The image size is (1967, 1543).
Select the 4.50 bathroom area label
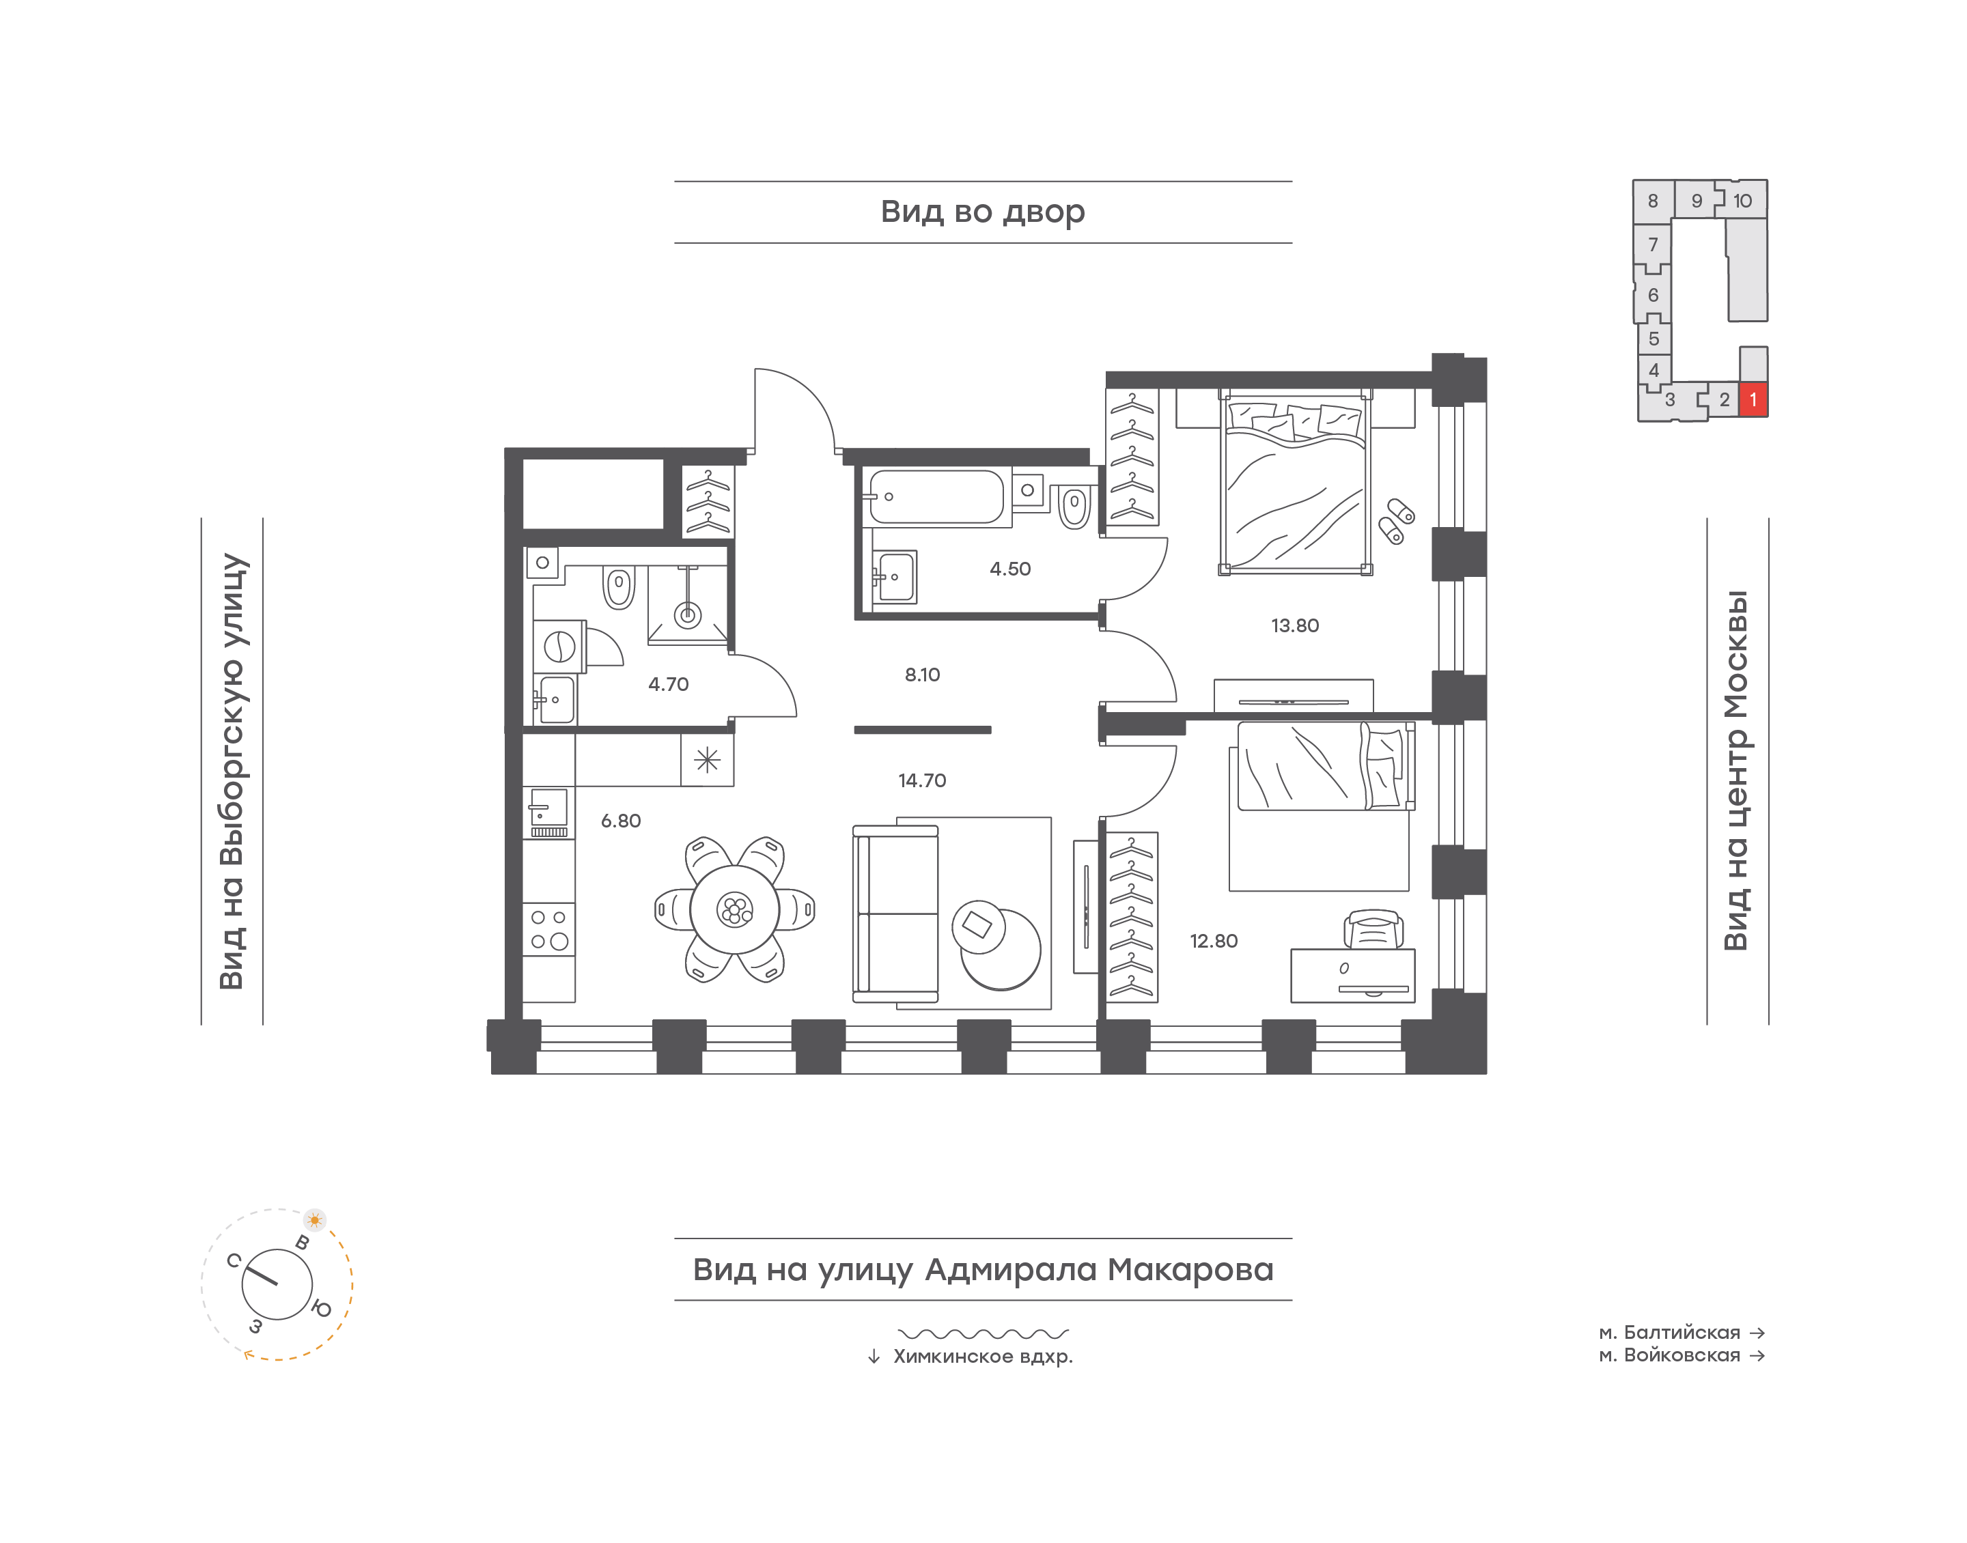point(1009,568)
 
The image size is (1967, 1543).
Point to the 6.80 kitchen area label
point(621,820)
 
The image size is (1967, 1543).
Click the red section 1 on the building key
point(1753,399)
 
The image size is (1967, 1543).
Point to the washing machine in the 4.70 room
point(559,647)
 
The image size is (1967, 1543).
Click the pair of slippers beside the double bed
point(1396,521)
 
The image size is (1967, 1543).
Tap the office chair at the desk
point(1373,929)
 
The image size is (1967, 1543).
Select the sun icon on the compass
point(314,1219)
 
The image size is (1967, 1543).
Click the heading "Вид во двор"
point(982,212)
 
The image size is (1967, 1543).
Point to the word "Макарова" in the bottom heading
point(1190,1269)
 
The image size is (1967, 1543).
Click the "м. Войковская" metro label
point(1669,1355)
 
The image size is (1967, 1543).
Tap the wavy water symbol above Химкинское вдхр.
point(983,1333)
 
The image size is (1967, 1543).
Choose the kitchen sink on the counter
point(548,807)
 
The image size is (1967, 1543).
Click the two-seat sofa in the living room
point(895,914)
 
